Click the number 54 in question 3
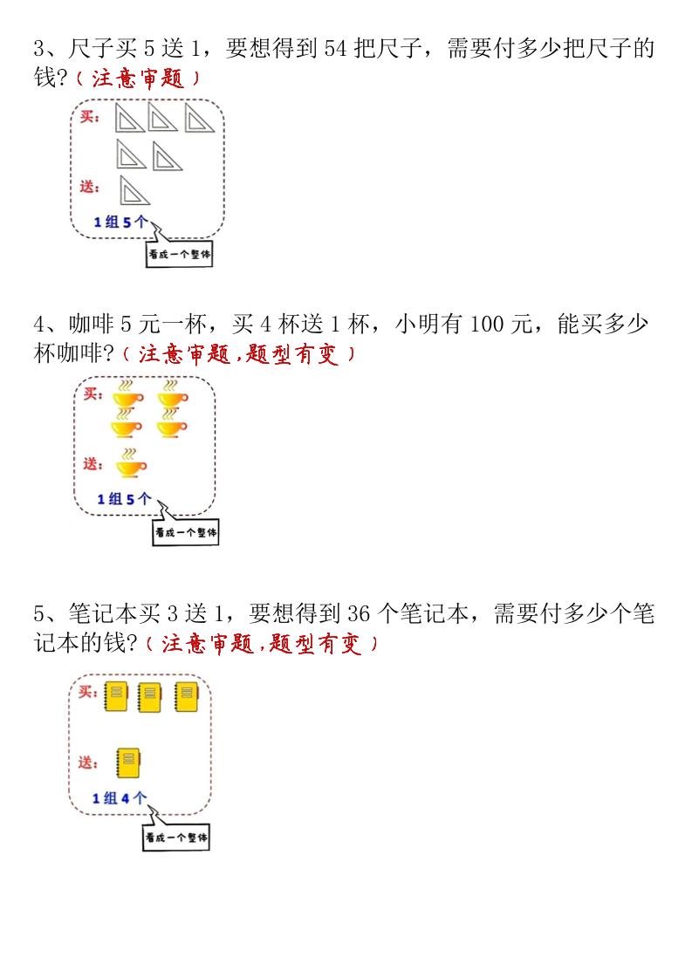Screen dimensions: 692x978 335,49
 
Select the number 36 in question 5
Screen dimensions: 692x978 359,613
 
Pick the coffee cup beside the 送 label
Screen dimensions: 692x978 130,463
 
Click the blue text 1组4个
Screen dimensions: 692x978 120,798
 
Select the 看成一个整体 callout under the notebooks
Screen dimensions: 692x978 176,837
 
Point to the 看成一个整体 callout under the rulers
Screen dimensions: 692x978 179,254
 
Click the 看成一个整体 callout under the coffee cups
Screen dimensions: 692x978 186,532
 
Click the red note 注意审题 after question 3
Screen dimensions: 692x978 138,78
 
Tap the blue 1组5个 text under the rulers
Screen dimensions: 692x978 121,222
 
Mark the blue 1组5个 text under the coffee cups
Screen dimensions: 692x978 124,499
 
